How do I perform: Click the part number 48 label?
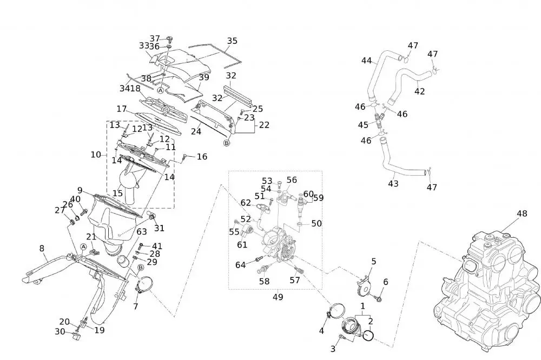[x=521, y=214]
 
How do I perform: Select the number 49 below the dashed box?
[x=278, y=297]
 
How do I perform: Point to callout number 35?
[x=232, y=41]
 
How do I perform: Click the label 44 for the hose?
[x=367, y=61]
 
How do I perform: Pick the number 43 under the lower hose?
[x=393, y=184]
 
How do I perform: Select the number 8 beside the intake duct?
[x=42, y=249]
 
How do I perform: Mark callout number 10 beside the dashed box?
[x=96, y=155]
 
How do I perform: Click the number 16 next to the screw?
[x=202, y=157]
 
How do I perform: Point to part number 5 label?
[x=373, y=262]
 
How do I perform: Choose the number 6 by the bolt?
[x=386, y=282]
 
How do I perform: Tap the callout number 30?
[x=60, y=331]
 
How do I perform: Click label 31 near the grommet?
[x=159, y=228]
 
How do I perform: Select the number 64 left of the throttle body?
[x=241, y=265]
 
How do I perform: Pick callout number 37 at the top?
[x=155, y=38]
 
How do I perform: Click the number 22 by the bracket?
[x=264, y=125]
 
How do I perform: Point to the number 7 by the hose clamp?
[x=135, y=306]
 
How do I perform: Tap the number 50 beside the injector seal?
[x=316, y=223]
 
